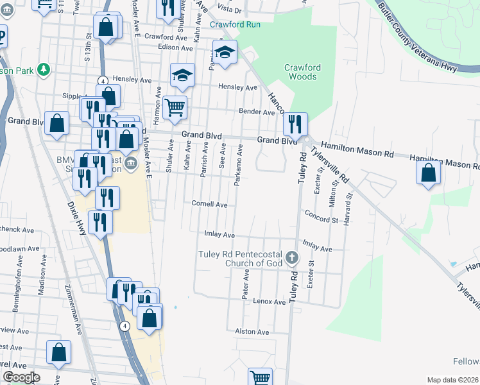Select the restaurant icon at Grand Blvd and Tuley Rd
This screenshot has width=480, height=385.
tap(295, 123)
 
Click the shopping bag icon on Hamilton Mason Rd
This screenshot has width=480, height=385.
tap(429, 172)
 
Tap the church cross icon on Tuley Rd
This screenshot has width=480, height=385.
tap(292, 258)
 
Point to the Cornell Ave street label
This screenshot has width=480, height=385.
tap(210, 205)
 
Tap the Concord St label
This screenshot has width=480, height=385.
tap(321, 216)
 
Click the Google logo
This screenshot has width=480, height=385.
tap(21, 377)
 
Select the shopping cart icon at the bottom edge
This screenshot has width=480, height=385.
tap(260, 378)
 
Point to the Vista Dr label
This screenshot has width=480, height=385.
tap(229, 10)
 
